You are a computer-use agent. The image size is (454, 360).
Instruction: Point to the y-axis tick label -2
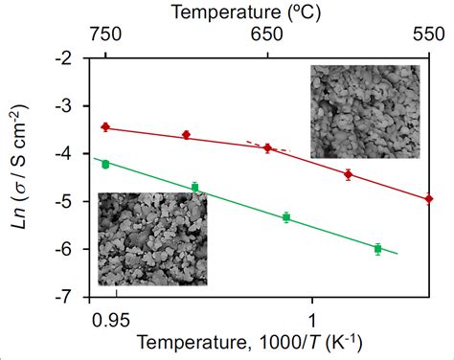point(66,57)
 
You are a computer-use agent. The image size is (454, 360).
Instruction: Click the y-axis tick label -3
point(66,105)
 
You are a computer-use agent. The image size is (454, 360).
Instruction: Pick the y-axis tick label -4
point(66,153)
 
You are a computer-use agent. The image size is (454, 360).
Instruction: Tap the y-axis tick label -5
point(66,201)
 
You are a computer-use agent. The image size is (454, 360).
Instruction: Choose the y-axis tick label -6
point(66,249)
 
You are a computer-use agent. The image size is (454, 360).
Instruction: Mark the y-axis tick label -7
point(66,297)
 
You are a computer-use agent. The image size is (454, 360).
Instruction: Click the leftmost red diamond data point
point(105,126)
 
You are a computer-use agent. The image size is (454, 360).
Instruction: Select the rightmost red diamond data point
point(428,199)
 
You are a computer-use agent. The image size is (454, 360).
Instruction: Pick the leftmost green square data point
point(105,164)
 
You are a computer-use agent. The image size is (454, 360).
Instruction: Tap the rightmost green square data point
point(377,249)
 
